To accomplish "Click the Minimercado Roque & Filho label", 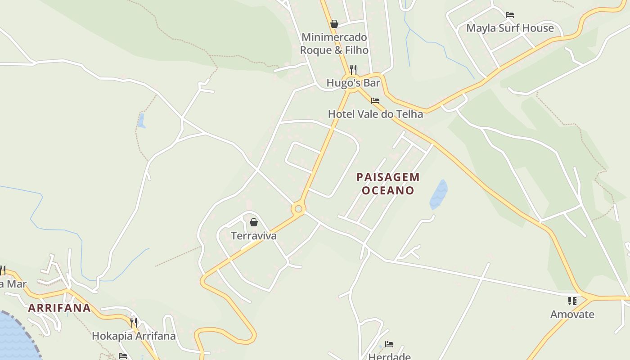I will [x=334, y=44].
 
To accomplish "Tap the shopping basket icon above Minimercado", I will [x=334, y=24].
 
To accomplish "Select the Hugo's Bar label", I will [x=353, y=83].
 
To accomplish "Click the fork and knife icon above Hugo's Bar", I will [x=353, y=70].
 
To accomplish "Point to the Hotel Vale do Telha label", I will [x=375, y=114].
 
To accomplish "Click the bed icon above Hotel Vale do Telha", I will [x=375, y=101].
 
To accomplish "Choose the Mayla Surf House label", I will [x=510, y=28].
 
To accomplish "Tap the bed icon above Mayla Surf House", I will [x=510, y=15].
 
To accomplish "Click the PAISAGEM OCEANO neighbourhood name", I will [x=388, y=184].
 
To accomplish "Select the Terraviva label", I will [x=254, y=235].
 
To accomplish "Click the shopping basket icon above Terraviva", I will [x=254, y=222].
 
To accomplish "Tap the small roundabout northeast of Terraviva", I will [x=298, y=209].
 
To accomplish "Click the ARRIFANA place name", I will [x=59, y=308].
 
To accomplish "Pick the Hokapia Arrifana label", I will [x=134, y=336].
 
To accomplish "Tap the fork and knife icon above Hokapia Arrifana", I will [x=134, y=322].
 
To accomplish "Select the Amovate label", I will [x=572, y=314].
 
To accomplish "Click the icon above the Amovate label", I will [x=572, y=301].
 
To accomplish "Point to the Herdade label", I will [x=389, y=356].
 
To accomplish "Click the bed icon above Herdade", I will [x=389, y=344].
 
